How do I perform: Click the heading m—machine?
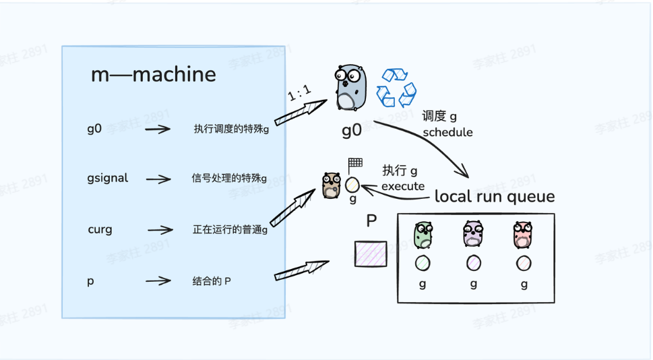[154, 75]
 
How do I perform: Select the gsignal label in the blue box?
[108, 179]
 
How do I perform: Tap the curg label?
[100, 229]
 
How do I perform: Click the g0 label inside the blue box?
[94, 128]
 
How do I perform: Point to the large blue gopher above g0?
[349, 88]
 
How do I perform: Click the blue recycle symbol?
[396, 88]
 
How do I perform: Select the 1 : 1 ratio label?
[299, 94]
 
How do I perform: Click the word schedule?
[448, 132]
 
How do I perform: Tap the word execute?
[403, 186]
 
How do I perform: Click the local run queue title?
[495, 197]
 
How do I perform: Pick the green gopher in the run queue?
[423, 235]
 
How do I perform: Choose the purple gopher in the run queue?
[474, 235]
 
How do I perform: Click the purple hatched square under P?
[371, 253]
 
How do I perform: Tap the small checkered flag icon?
[355, 164]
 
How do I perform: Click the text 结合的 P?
[212, 280]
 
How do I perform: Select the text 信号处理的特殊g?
[229, 179]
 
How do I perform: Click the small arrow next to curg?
[160, 230]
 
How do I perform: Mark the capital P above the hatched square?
[371, 221]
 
